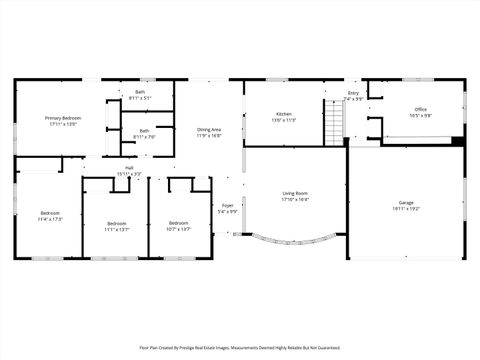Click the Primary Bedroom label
coord(62,118)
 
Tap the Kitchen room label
coord(284,114)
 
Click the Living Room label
coord(294,193)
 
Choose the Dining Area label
coord(209,130)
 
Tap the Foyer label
coord(228,205)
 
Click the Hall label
coord(129,168)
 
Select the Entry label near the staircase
coord(353,93)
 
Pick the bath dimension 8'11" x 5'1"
coord(140,98)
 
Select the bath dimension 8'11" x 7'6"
coord(145,136)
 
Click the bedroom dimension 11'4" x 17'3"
coord(50,219)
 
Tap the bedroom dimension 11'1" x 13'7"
coord(117,229)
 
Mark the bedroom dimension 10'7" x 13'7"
coord(178,228)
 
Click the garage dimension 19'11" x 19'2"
coord(406,208)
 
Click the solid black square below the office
coord(457,140)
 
